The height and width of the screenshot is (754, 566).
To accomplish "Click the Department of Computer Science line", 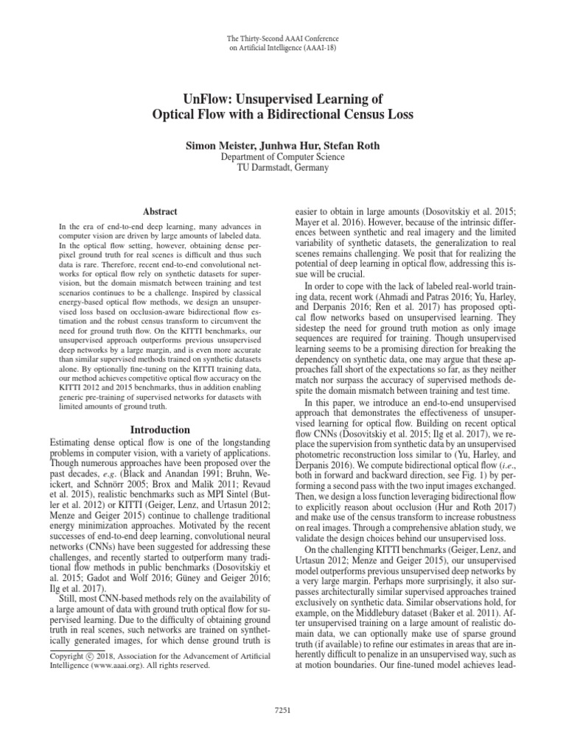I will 283,157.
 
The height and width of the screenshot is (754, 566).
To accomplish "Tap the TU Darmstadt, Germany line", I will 283,168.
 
